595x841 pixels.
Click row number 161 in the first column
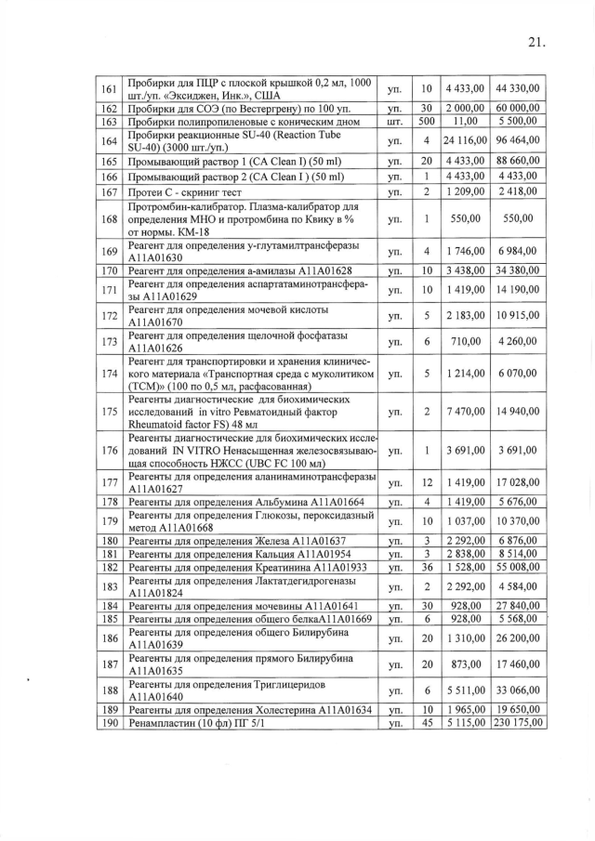(109, 88)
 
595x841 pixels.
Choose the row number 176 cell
(109, 452)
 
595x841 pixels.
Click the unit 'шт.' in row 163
(394, 122)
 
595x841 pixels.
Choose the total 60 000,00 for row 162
(518, 109)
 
